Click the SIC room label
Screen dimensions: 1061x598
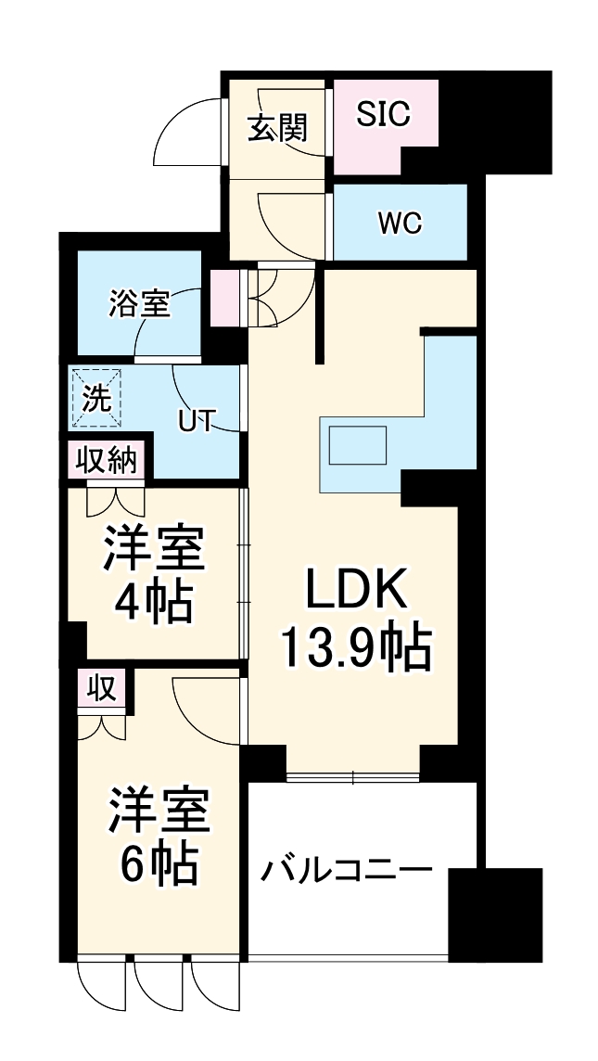pyautogui.click(x=383, y=115)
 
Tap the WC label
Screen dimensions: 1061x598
pyautogui.click(x=400, y=224)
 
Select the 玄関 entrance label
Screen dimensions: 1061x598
pyautogui.click(x=276, y=129)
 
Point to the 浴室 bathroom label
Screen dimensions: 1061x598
pyautogui.click(x=139, y=303)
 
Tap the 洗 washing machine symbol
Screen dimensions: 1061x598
pyautogui.click(x=96, y=399)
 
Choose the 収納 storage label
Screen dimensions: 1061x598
pyautogui.click(x=106, y=461)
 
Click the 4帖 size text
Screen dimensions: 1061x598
pyautogui.click(x=153, y=604)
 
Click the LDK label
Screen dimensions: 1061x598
pyautogui.click(x=357, y=590)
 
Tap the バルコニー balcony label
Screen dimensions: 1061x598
pyautogui.click(x=346, y=871)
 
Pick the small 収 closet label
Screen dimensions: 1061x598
pyautogui.click(x=100, y=689)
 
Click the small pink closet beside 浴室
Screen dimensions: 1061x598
pyautogui.click(x=224, y=297)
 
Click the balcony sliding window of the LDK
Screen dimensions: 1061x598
pyautogui.click(x=352, y=777)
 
